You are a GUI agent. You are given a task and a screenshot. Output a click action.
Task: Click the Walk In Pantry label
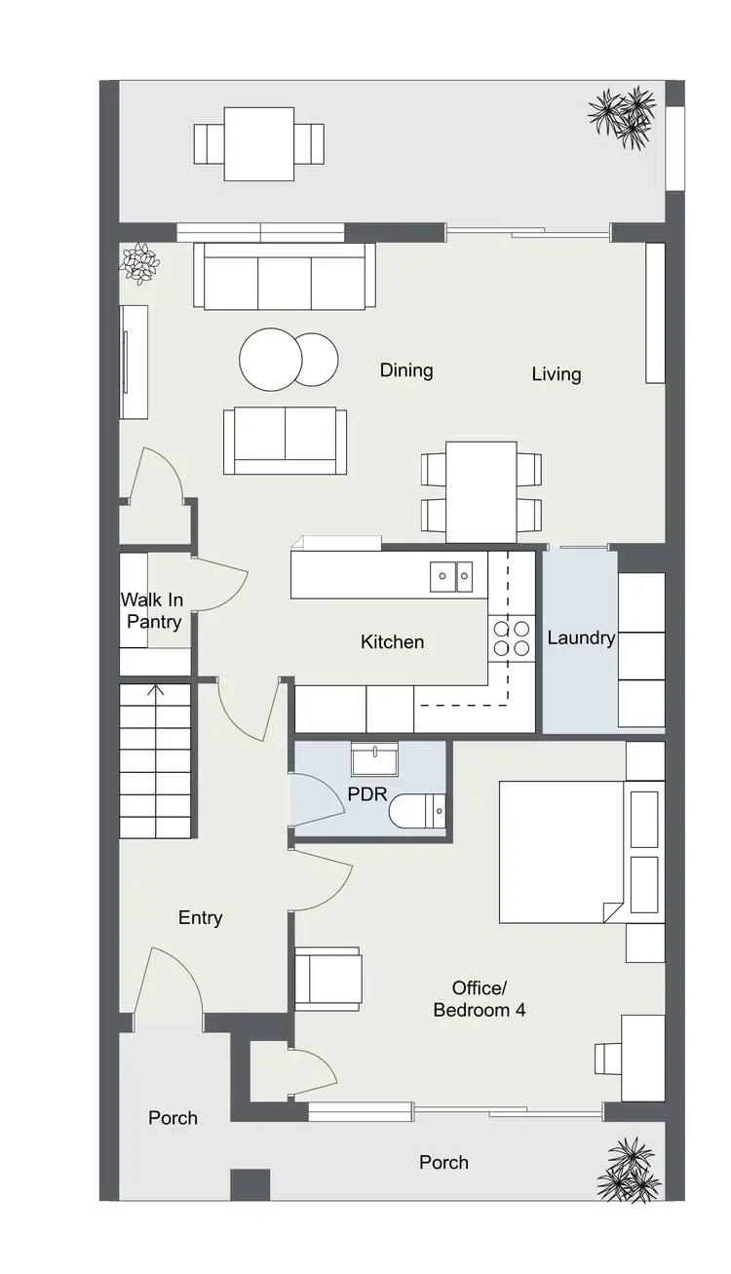click(151, 610)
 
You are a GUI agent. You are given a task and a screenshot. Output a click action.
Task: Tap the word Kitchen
click(392, 641)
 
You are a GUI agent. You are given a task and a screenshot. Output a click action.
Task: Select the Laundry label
click(581, 638)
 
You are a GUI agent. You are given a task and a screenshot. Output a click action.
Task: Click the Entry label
click(201, 917)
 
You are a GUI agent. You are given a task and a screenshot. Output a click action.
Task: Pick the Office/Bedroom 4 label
click(479, 998)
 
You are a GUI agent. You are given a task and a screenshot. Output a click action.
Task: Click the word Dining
click(406, 370)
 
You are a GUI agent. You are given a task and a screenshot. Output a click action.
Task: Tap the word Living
click(557, 373)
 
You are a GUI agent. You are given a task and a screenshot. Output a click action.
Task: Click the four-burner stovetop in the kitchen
click(512, 637)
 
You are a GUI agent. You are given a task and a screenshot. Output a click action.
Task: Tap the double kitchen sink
click(452, 576)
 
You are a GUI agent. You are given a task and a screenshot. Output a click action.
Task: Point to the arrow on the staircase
click(155, 692)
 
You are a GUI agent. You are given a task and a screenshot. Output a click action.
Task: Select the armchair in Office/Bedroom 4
click(327, 978)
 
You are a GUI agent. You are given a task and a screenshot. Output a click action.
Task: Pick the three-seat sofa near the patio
click(285, 276)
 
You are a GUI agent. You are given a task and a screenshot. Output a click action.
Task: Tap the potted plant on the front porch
click(629, 1170)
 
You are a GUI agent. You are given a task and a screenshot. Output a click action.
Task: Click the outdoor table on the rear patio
click(259, 144)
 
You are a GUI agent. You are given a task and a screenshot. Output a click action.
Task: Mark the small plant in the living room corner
click(139, 261)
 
